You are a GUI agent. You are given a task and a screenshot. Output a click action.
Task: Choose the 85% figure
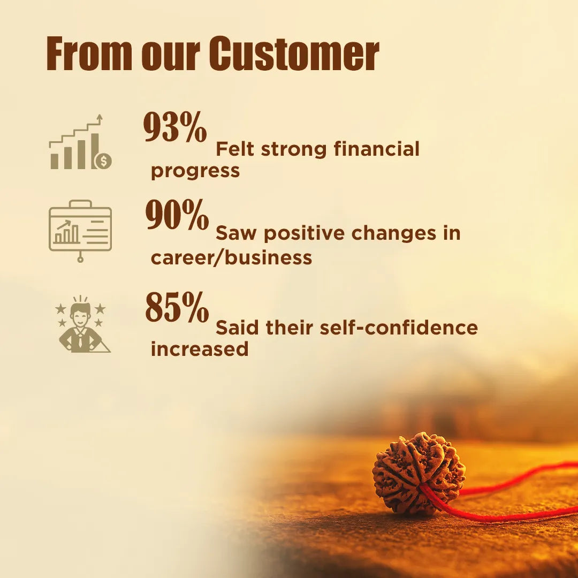[177, 307]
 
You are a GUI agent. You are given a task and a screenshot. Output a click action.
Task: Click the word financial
[377, 149]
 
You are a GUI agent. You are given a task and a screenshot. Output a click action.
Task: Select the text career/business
[232, 257]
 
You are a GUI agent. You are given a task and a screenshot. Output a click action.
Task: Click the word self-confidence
[399, 328]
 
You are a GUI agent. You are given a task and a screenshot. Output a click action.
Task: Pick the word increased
[200, 349]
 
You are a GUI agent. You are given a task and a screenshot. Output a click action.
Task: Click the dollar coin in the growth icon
[104, 161]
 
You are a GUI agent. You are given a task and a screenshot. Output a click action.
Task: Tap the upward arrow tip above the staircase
[99, 116]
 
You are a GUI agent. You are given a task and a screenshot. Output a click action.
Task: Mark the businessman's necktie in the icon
[80, 341]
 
